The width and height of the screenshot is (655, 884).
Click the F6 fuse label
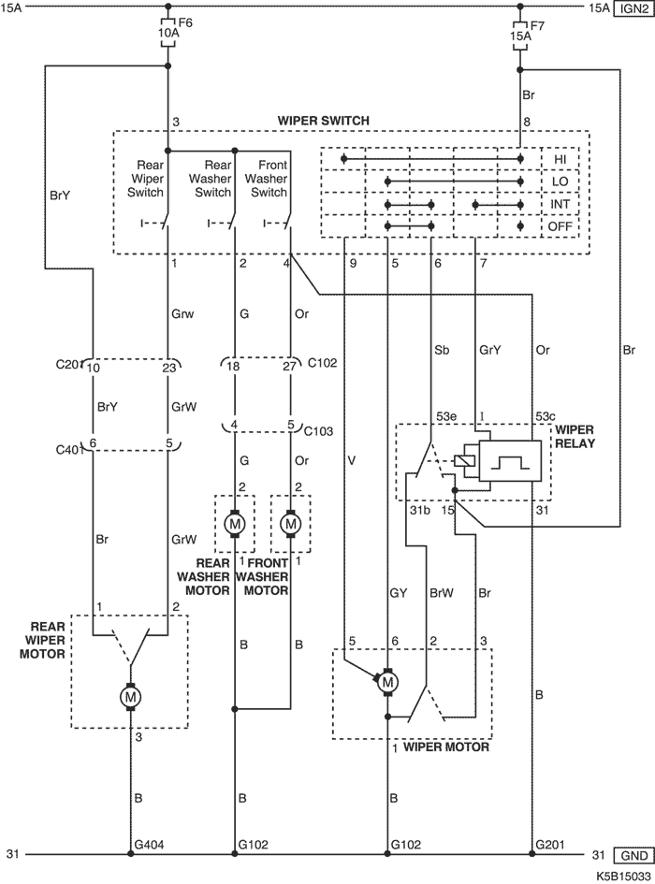coord(184,25)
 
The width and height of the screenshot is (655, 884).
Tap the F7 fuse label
coord(537,25)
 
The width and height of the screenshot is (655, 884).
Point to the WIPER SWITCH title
coord(324,122)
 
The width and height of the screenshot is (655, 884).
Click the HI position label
coord(560,159)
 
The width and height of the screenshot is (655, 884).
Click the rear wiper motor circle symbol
coord(130,697)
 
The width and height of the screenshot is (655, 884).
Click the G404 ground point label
coord(149,844)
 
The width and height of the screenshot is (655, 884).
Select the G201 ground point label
coord(549,844)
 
